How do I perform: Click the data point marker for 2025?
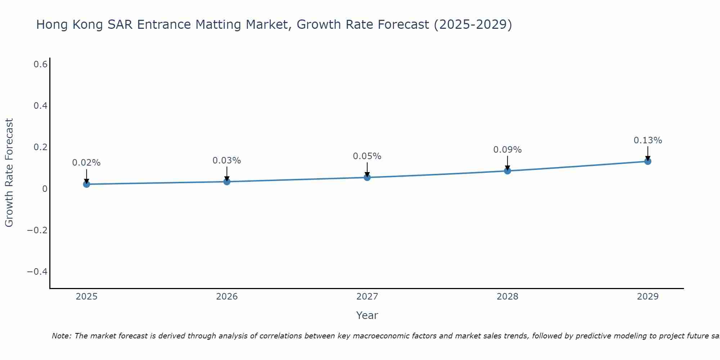[86, 184]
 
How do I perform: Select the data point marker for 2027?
[367, 177]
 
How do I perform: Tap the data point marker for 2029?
[648, 161]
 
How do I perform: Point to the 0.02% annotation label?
[86, 163]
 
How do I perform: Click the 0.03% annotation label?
[227, 161]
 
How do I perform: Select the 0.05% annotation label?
[367, 156]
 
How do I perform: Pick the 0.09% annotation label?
[507, 150]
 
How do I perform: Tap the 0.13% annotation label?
[648, 140]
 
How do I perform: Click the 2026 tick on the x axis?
[227, 297]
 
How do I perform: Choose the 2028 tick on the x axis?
[507, 297]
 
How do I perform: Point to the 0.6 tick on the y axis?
[41, 64]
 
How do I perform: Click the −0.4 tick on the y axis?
[37, 271]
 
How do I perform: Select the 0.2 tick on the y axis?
[41, 147]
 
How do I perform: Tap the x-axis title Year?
[367, 315]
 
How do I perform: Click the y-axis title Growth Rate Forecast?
[9, 173]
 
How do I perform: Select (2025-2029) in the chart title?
[473, 25]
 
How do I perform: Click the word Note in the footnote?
[61, 336]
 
